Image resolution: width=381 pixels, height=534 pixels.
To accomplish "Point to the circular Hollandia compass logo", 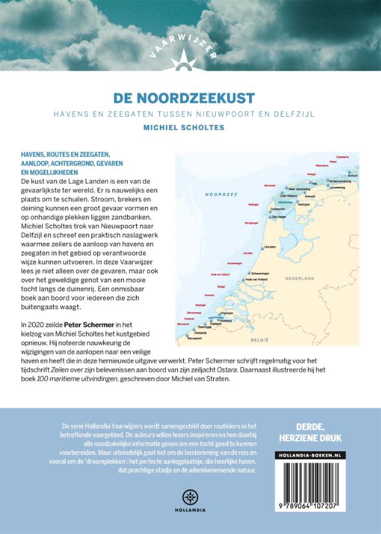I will (x=190, y=497).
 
